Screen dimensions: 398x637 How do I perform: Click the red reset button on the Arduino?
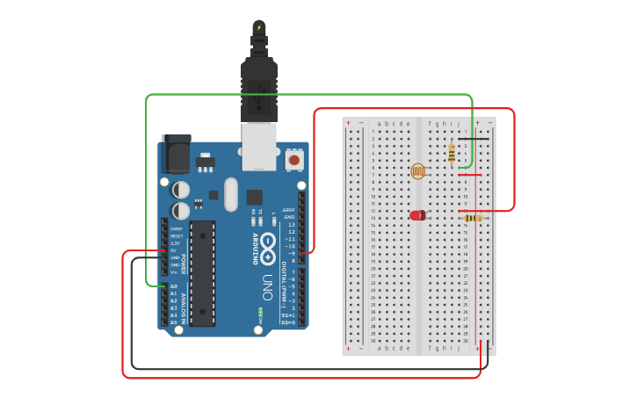[x=293, y=160]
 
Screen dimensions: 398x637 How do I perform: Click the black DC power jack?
[x=176, y=155]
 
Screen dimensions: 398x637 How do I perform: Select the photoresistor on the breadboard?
[x=418, y=170]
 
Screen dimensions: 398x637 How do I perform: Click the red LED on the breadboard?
[x=417, y=214]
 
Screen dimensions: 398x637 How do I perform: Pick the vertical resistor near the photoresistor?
[x=452, y=153]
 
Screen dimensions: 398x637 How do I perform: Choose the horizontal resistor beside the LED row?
[x=474, y=218]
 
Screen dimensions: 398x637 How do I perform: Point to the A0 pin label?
[x=173, y=286]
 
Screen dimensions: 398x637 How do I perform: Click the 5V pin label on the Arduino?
[x=174, y=250]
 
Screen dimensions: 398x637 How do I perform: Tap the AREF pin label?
[x=289, y=210]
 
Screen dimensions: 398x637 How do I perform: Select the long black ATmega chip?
[x=202, y=273]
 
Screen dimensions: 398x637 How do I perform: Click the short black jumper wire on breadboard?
[x=473, y=138]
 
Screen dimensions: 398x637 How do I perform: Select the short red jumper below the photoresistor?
[x=470, y=175]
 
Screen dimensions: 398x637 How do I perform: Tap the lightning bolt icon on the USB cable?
[x=258, y=27]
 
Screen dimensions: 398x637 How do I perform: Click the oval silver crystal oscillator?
[x=231, y=194]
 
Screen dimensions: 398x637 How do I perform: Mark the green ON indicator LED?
[x=260, y=311]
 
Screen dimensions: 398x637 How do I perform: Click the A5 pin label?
[x=173, y=322]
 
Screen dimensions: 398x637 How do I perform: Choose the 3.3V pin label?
[x=175, y=243]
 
